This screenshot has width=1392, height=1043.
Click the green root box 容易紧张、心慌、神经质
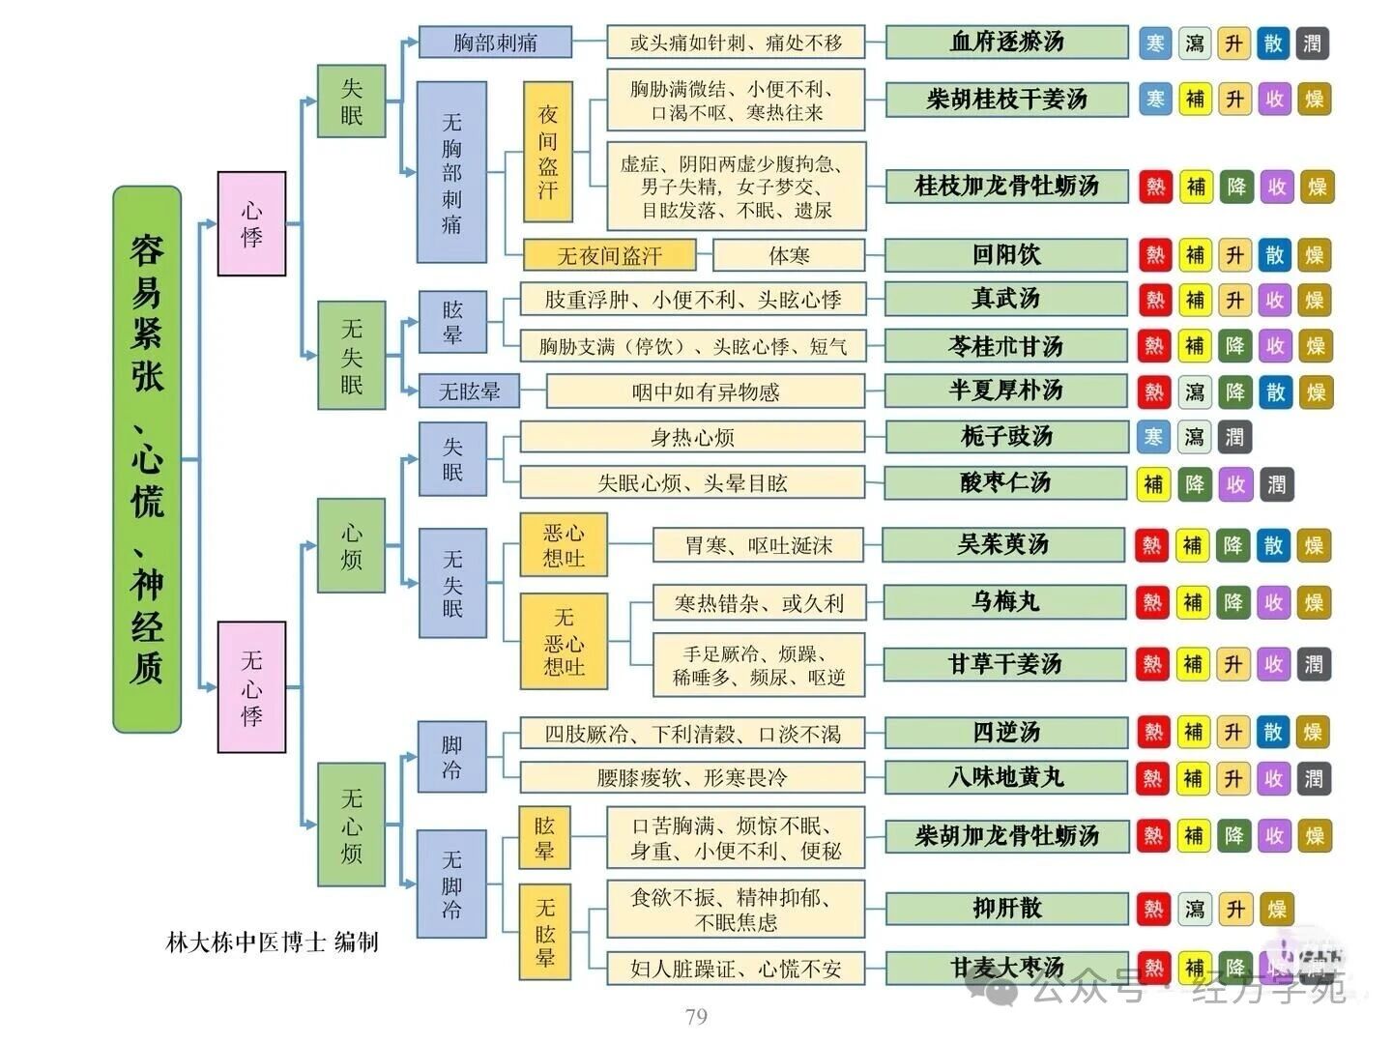(x=147, y=459)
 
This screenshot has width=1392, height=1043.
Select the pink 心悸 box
(x=251, y=223)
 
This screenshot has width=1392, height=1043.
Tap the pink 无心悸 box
(x=251, y=686)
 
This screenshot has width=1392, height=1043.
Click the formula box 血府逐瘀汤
(x=1006, y=43)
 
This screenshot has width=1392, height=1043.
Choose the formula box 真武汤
(x=1005, y=299)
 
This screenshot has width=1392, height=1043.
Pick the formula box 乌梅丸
(x=1004, y=602)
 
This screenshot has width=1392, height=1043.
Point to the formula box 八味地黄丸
(x=1005, y=778)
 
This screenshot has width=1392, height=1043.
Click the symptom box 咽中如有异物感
(x=706, y=391)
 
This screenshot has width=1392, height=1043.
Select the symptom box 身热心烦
(x=692, y=437)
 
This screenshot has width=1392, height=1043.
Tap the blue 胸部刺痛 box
(x=495, y=43)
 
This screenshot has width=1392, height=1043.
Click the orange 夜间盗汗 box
(x=548, y=152)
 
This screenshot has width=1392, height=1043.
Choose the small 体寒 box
(x=789, y=255)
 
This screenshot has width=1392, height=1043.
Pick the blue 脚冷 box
(x=451, y=757)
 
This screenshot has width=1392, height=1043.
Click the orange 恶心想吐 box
(x=564, y=545)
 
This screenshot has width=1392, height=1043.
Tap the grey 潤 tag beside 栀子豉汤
(x=1234, y=437)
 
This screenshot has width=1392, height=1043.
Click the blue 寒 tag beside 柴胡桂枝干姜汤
(x=1155, y=99)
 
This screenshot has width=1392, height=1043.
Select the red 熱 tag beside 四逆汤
(x=1153, y=732)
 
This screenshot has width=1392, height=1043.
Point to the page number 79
(x=696, y=1016)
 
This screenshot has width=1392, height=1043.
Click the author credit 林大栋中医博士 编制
(x=272, y=942)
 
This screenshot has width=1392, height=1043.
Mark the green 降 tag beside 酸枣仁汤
(x=1195, y=483)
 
